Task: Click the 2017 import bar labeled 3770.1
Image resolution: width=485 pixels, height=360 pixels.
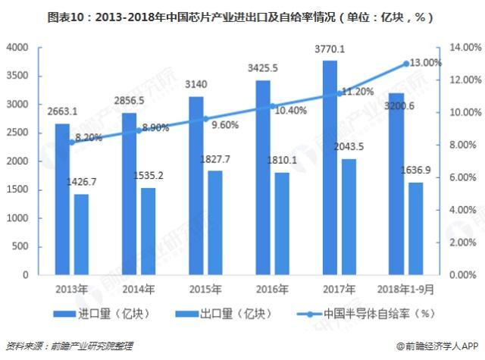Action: click(x=330, y=167)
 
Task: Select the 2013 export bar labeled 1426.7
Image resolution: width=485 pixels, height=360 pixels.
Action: click(x=80, y=234)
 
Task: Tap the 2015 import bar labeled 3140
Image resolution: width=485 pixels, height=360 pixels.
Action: click(x=196, y=186)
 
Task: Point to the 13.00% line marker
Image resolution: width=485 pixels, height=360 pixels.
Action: click(x=406, y=64)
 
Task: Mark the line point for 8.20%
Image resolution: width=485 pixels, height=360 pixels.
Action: click(x=71, y=142)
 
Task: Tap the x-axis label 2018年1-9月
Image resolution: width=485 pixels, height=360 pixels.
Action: click(x=406, y=289)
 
